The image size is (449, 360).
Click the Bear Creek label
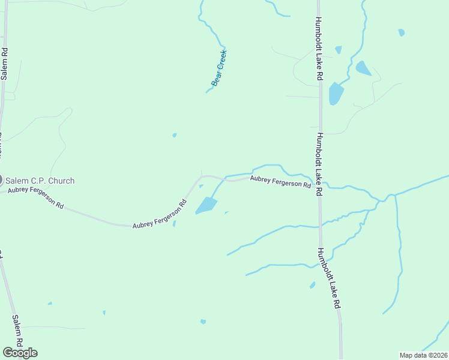[219, 67]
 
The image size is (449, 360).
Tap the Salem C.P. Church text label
[40, 181]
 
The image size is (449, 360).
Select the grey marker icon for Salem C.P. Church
[1, 179]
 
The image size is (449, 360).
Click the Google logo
[20, 353]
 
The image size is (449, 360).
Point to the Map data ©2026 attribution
[423, 355]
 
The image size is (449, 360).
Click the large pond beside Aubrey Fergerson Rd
[206, 206]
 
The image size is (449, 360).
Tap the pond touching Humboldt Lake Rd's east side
[335, 94]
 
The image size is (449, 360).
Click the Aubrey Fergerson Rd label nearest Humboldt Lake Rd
[280, 181]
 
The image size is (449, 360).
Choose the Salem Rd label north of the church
[4, 64]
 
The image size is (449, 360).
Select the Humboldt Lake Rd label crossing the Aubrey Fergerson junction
[319, 164]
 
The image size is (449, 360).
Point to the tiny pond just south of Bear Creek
[175, 135]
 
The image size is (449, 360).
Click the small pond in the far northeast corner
[401, 32]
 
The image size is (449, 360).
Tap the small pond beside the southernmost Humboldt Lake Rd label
[312, 285]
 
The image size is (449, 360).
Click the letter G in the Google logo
[7, 353]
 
